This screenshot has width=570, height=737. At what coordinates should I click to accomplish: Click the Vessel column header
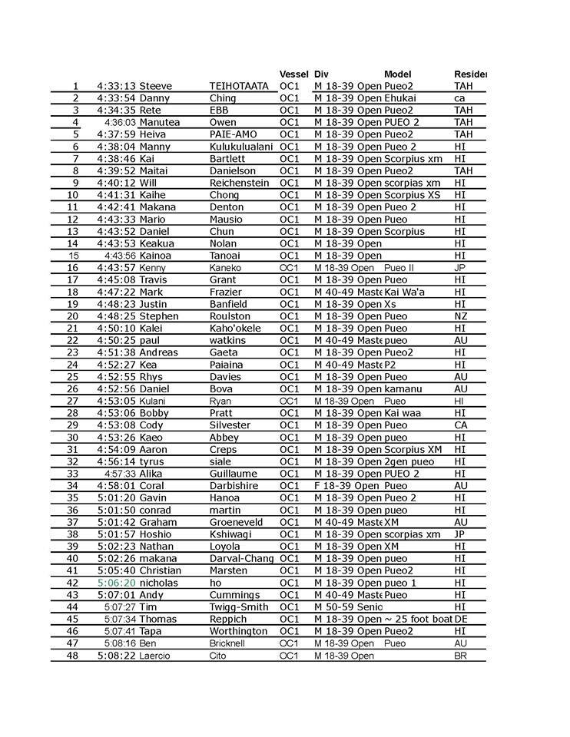coord(293,74)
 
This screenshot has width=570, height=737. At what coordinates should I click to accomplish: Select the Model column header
coord(397,74)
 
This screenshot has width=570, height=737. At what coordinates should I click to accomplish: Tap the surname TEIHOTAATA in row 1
coord(239,86)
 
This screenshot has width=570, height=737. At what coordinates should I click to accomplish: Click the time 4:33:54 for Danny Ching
coord(117,98)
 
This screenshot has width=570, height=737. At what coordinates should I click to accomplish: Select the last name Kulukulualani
coord(240,147)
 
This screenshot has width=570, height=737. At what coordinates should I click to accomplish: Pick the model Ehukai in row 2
coord(399,98)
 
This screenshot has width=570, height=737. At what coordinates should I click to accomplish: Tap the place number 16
coord(74,268)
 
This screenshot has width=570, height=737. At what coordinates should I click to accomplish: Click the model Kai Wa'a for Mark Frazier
coord(405,292)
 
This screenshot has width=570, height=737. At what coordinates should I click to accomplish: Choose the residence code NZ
coord(461,316)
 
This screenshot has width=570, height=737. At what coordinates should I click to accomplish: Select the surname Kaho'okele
coord(234,329)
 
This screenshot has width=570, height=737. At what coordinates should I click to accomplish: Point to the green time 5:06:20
coord(117,583)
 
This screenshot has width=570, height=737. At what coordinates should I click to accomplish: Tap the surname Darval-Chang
coord(241,558)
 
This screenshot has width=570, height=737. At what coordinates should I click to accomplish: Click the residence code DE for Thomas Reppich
coord(461,619)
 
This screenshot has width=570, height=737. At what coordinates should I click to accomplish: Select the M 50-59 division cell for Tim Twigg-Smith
coord(348,607)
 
